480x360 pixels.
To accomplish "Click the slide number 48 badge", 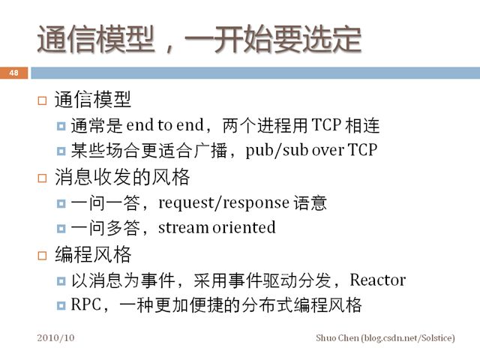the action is tap(13, 73).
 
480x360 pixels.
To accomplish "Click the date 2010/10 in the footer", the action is tap(55, 338).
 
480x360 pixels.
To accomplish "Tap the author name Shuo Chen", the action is tap(337, 338).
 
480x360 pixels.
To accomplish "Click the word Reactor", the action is tap(378, 280).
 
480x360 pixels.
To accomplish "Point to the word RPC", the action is tap(85, 305).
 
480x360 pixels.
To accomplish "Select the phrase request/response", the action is tap(223, 203).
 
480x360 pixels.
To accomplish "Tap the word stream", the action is tap(183, 228).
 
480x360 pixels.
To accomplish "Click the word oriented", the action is tap(244, 227).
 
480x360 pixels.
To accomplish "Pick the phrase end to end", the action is tap(165, 125).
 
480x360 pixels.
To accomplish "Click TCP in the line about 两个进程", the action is tap(326, 125).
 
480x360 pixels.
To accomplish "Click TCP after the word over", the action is tap(363, 150).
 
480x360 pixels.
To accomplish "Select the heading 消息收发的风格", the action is tap(122, 177).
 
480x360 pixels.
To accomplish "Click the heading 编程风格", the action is tap(93, 255).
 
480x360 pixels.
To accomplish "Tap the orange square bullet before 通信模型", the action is tap(42, 100).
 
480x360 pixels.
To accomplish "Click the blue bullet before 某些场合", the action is tap(61, 151).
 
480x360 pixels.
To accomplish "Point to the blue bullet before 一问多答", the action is tap(61, 228).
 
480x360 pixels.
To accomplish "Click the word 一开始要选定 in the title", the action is tap(273, 40).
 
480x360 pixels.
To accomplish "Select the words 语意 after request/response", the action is tap(310, 203).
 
